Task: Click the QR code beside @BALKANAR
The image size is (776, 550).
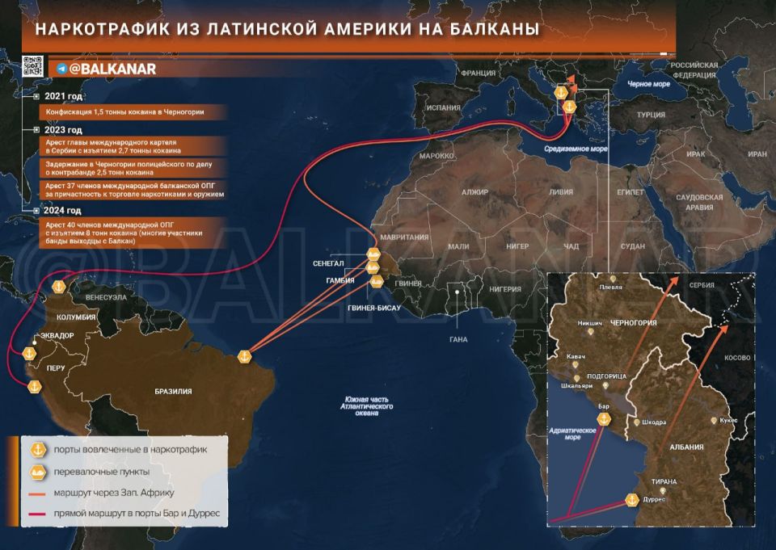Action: pos(32,67)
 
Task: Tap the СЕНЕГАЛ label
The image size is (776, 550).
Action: pos(329,264)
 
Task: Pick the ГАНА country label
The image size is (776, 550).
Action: pos(458,339)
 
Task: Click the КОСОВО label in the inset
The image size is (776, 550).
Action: pos(736,357)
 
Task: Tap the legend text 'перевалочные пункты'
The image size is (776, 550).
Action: pos(101,471)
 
